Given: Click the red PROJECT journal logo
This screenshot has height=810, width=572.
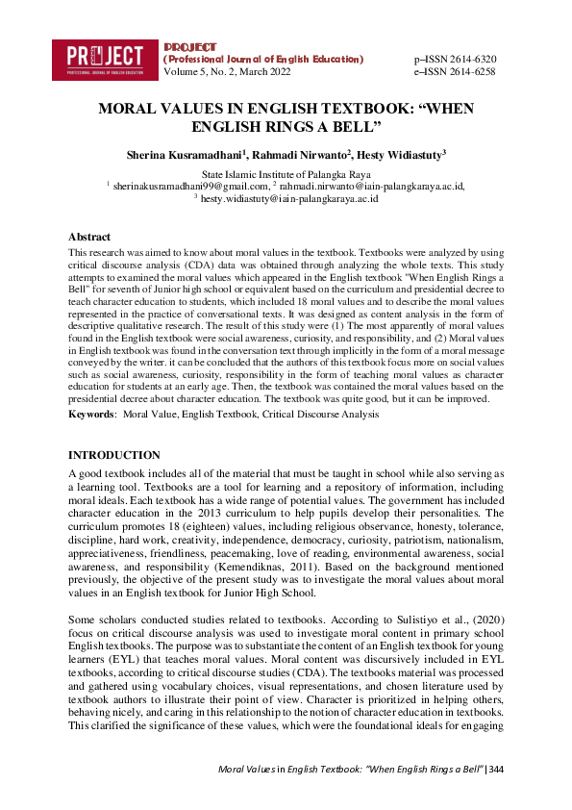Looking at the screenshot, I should pos(106,59).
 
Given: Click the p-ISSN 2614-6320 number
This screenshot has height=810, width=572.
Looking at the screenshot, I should pos(454,59).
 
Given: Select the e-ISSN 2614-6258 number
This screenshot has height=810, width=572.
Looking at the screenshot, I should pos(454,71).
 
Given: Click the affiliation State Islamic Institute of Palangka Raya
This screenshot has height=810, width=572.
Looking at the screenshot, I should pos(285,173).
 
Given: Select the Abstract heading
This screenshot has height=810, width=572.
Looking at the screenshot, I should pos(89,236).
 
